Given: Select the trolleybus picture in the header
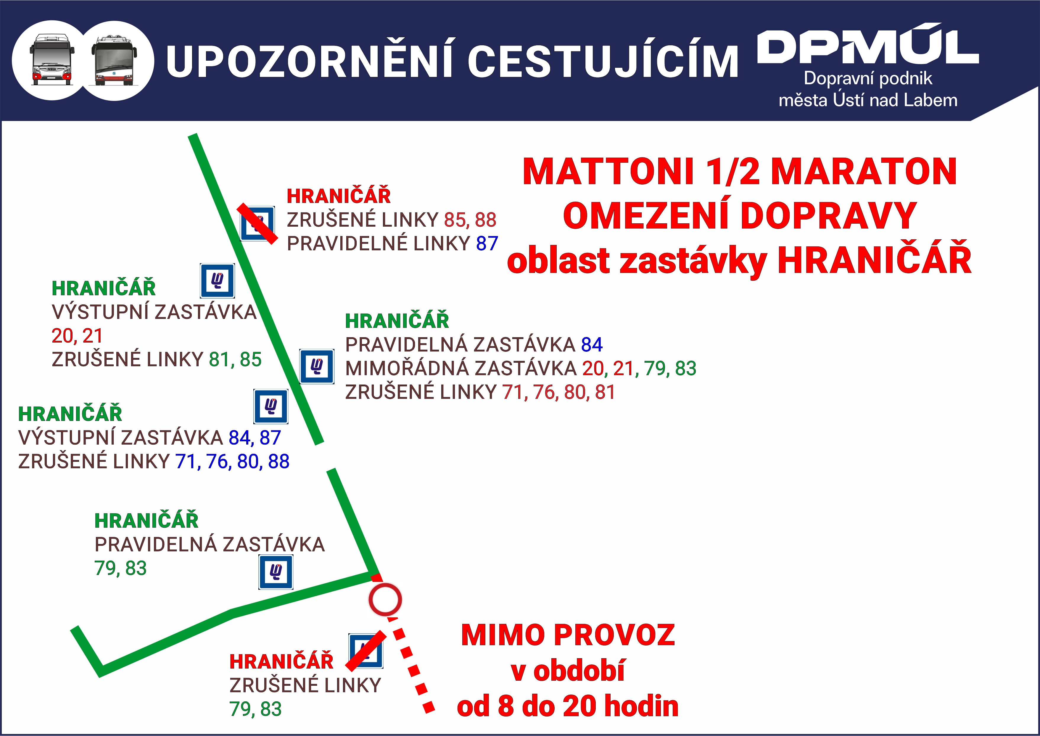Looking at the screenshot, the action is tap(114, 60).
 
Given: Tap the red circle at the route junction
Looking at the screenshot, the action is tap(385, 600).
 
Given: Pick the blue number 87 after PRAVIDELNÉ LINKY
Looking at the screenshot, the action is tap(487, 244).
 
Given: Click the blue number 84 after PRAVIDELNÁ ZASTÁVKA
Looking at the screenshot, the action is tap(592, 345).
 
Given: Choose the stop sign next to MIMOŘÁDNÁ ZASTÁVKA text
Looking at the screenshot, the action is tap(317, 366).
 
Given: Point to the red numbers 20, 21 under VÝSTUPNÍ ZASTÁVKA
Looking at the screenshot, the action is tap(77, 336).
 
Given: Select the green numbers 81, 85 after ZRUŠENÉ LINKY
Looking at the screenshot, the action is tap(235, 359).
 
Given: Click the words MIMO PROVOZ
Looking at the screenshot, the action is tap(568, 635).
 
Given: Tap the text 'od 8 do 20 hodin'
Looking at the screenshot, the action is tap(568, 706).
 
